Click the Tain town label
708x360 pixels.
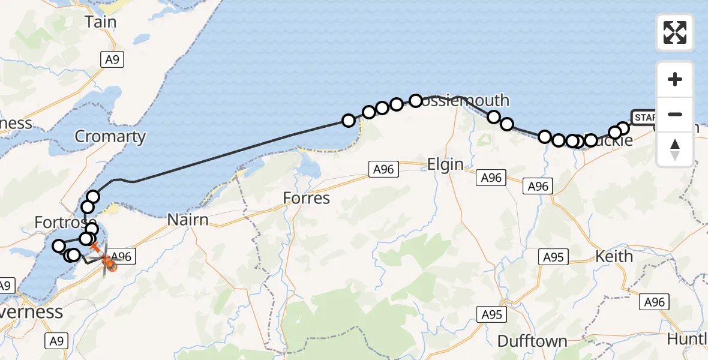[100, 22]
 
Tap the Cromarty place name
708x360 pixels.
[110, 137]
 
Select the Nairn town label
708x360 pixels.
[188, 220]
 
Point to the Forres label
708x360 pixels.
[307, 198]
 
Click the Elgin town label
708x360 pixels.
[445, 164]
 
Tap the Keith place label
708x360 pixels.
[614, 257]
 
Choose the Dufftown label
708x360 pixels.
[532, 341]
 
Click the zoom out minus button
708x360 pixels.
[675, 115]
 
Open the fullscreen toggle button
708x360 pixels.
[675, 32]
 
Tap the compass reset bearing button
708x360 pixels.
[675, 149]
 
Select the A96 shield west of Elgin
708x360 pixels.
[382, 170]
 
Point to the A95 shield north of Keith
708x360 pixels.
[553, 257]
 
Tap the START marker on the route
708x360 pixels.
[644, 117]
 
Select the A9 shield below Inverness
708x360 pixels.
[55, 341]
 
